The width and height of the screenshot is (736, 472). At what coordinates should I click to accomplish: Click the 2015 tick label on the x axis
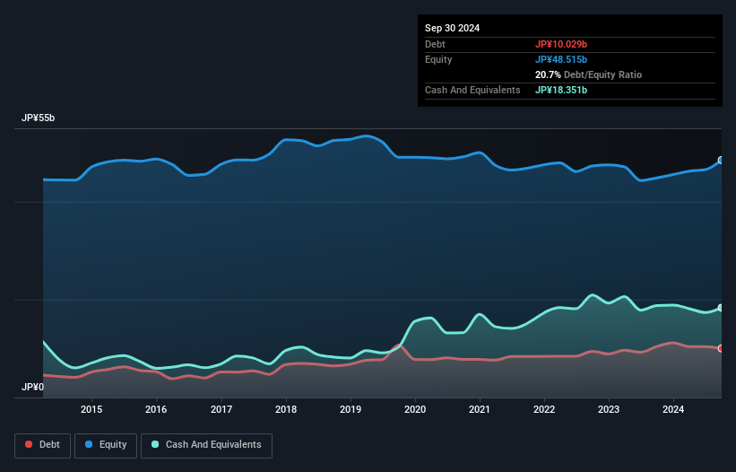91,410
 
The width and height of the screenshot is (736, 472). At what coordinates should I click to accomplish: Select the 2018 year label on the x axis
286,410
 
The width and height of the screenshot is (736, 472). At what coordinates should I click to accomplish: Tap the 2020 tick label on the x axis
415,410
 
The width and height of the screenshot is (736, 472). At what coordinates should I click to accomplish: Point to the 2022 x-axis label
544,410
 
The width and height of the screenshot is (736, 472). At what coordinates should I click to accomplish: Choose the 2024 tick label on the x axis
673,410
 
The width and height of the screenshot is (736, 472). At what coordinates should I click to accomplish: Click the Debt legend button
42,445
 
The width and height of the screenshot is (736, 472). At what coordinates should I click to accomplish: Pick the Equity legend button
107,445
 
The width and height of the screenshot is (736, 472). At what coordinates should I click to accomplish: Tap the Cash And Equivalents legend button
206,445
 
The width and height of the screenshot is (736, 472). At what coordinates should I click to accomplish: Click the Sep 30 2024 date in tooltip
452,28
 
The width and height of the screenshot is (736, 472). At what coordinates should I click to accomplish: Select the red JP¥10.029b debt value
561,44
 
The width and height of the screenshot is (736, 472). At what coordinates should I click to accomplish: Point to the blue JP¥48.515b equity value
561,59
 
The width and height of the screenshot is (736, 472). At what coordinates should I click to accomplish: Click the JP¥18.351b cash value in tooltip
561,90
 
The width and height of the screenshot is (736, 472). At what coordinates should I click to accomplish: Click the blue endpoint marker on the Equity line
721,161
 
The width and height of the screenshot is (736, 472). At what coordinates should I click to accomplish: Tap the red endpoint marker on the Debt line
721,348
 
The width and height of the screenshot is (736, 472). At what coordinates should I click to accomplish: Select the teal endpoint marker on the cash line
721,308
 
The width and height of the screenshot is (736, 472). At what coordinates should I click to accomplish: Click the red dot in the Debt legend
30,445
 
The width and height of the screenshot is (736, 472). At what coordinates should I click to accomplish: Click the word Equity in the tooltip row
438,59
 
